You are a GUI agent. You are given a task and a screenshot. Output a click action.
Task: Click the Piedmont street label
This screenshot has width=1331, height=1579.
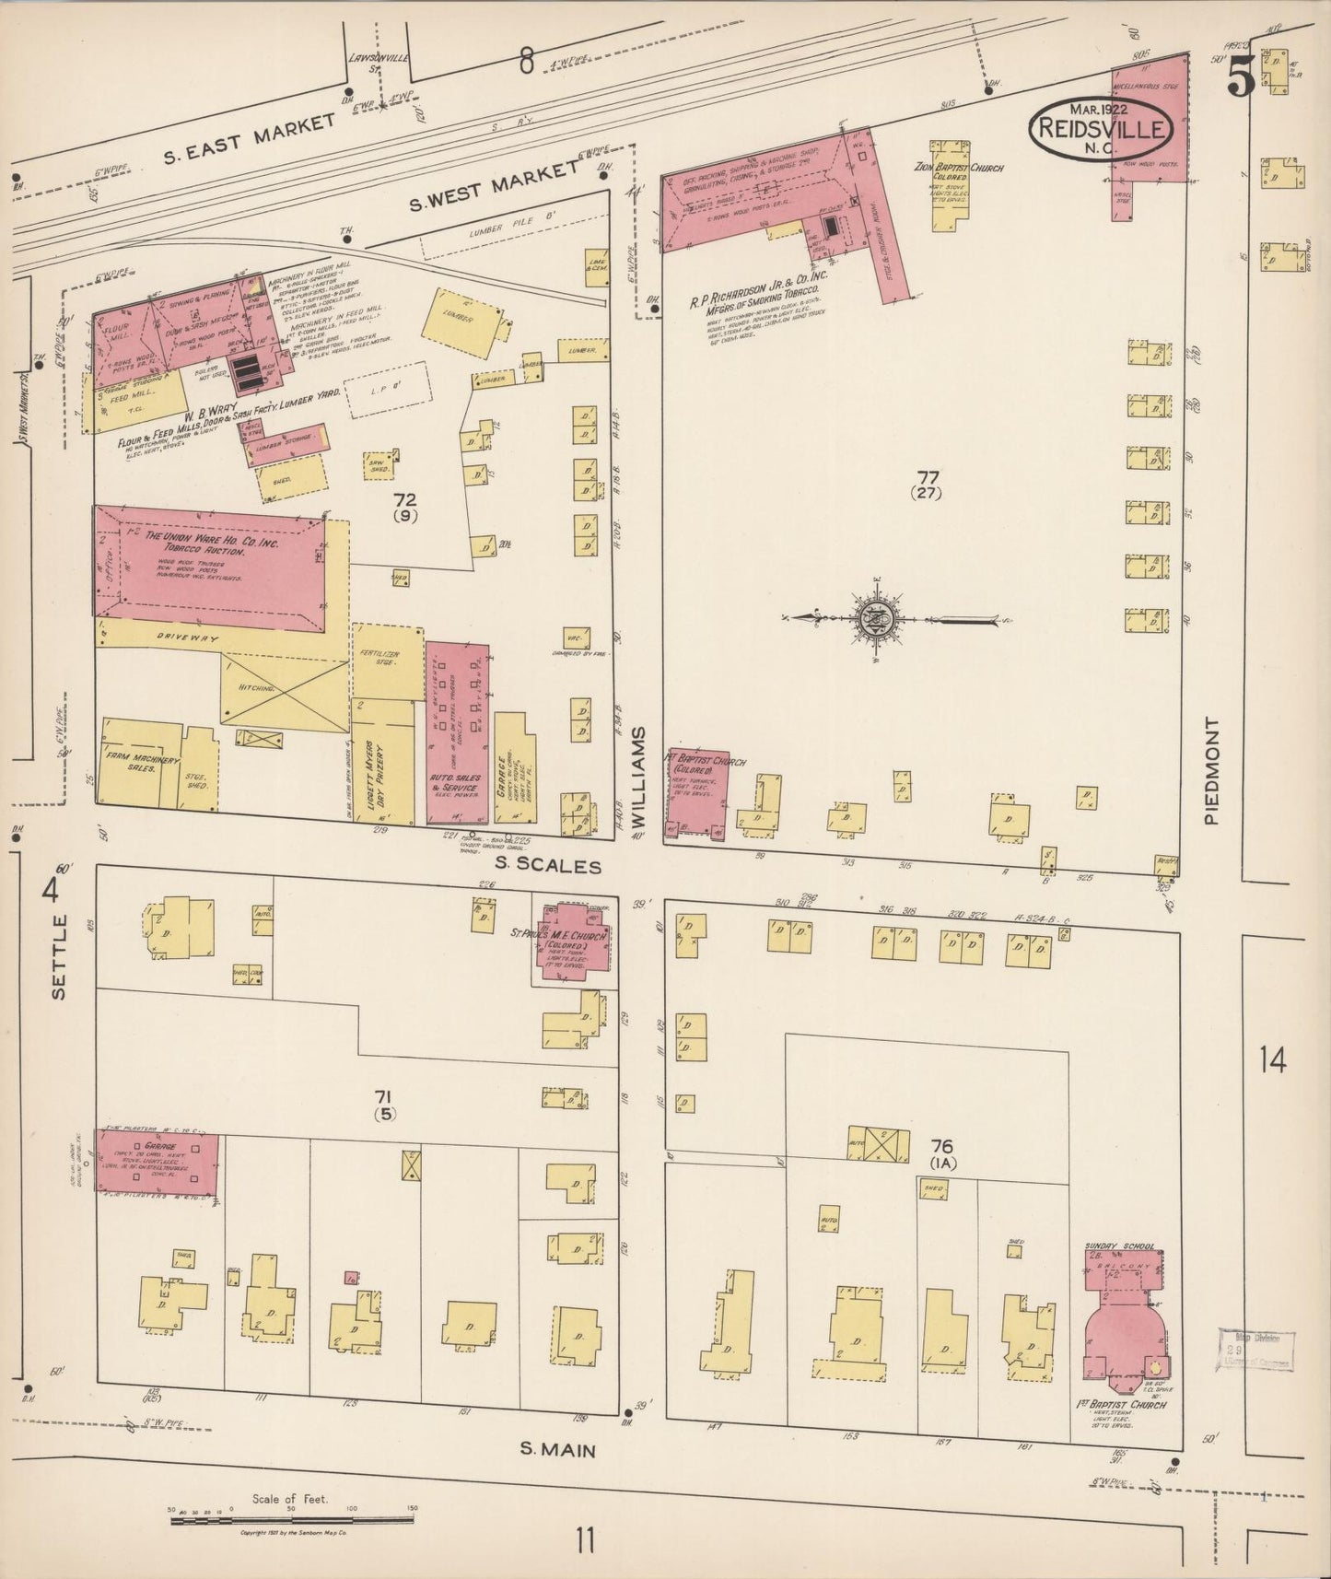tap(1210, 771)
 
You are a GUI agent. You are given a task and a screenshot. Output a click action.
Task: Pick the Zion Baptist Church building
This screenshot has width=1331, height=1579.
tap(952, 184)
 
